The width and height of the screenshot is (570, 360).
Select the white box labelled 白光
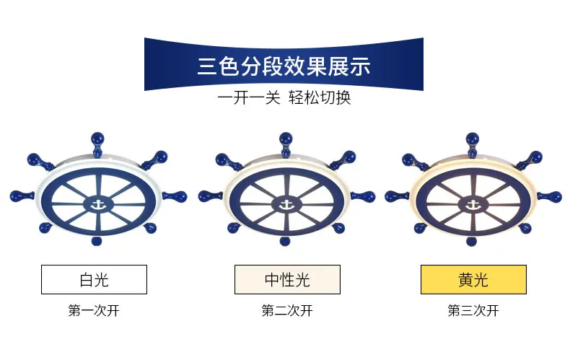(x=94, y=279)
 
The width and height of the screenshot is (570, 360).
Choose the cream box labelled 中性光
(x=286, y=279)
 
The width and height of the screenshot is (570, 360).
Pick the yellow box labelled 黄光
(x=473, y=279)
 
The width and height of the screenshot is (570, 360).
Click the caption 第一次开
(x=94, y=311)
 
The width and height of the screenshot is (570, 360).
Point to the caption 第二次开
(x=286, y=311)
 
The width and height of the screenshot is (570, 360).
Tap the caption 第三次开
(x=473, y=311)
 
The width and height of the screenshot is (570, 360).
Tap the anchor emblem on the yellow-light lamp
(x=473, y=204)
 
